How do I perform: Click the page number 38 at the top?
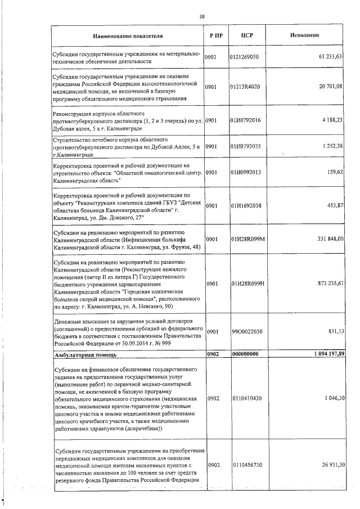[202, 16]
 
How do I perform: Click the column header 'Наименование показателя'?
[128, 35]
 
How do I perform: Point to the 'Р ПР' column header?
[215, 35]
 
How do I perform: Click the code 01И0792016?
[245, 120]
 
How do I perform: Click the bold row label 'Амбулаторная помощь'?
[85, 355]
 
